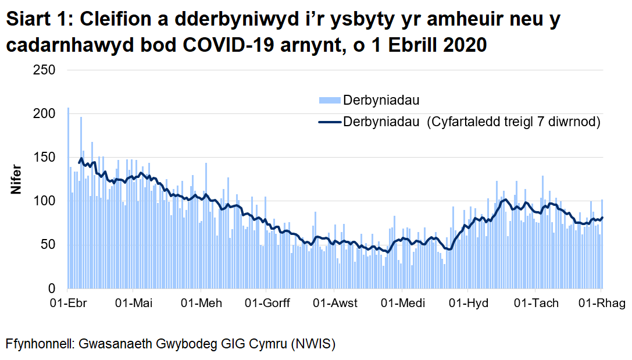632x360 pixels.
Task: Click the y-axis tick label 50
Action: pyautogui.click(x=48, y=245)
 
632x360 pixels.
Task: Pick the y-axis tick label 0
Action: pyautogui.click(x=51, y=288)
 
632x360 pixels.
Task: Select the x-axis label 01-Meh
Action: pyautogui.click(x=201, y=303)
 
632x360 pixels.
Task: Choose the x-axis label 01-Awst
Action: pyautogui.click(x=335, y=303)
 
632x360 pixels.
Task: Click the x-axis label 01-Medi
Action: pyautogui.click(x=402, y=303)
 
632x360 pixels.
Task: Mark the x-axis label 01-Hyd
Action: pyautogui.click(x=469, y=303)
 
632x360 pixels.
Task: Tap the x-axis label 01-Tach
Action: pyautogui.click(x=537, y=303)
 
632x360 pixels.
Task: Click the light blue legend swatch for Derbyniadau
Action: pyautogui.click(x=329, y=101)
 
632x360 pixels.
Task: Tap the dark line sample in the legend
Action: pyautogui.click(x=329, y=122)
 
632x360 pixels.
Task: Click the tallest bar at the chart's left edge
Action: pyautogui.click(x=68, y=198)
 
